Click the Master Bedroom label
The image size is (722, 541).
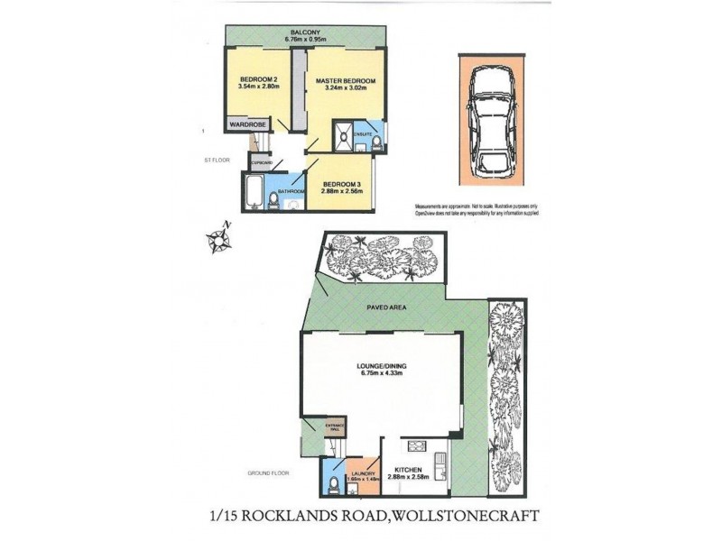click(x=346, y=81)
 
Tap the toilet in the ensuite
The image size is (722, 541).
click(x=376, y=141)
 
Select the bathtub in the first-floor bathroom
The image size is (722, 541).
click(x=252, y=192)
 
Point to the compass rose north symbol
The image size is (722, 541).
click(x=219, y=240)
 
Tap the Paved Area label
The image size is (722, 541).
click(x=384, y=307)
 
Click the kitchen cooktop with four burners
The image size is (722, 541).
click(x=419, y=446)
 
